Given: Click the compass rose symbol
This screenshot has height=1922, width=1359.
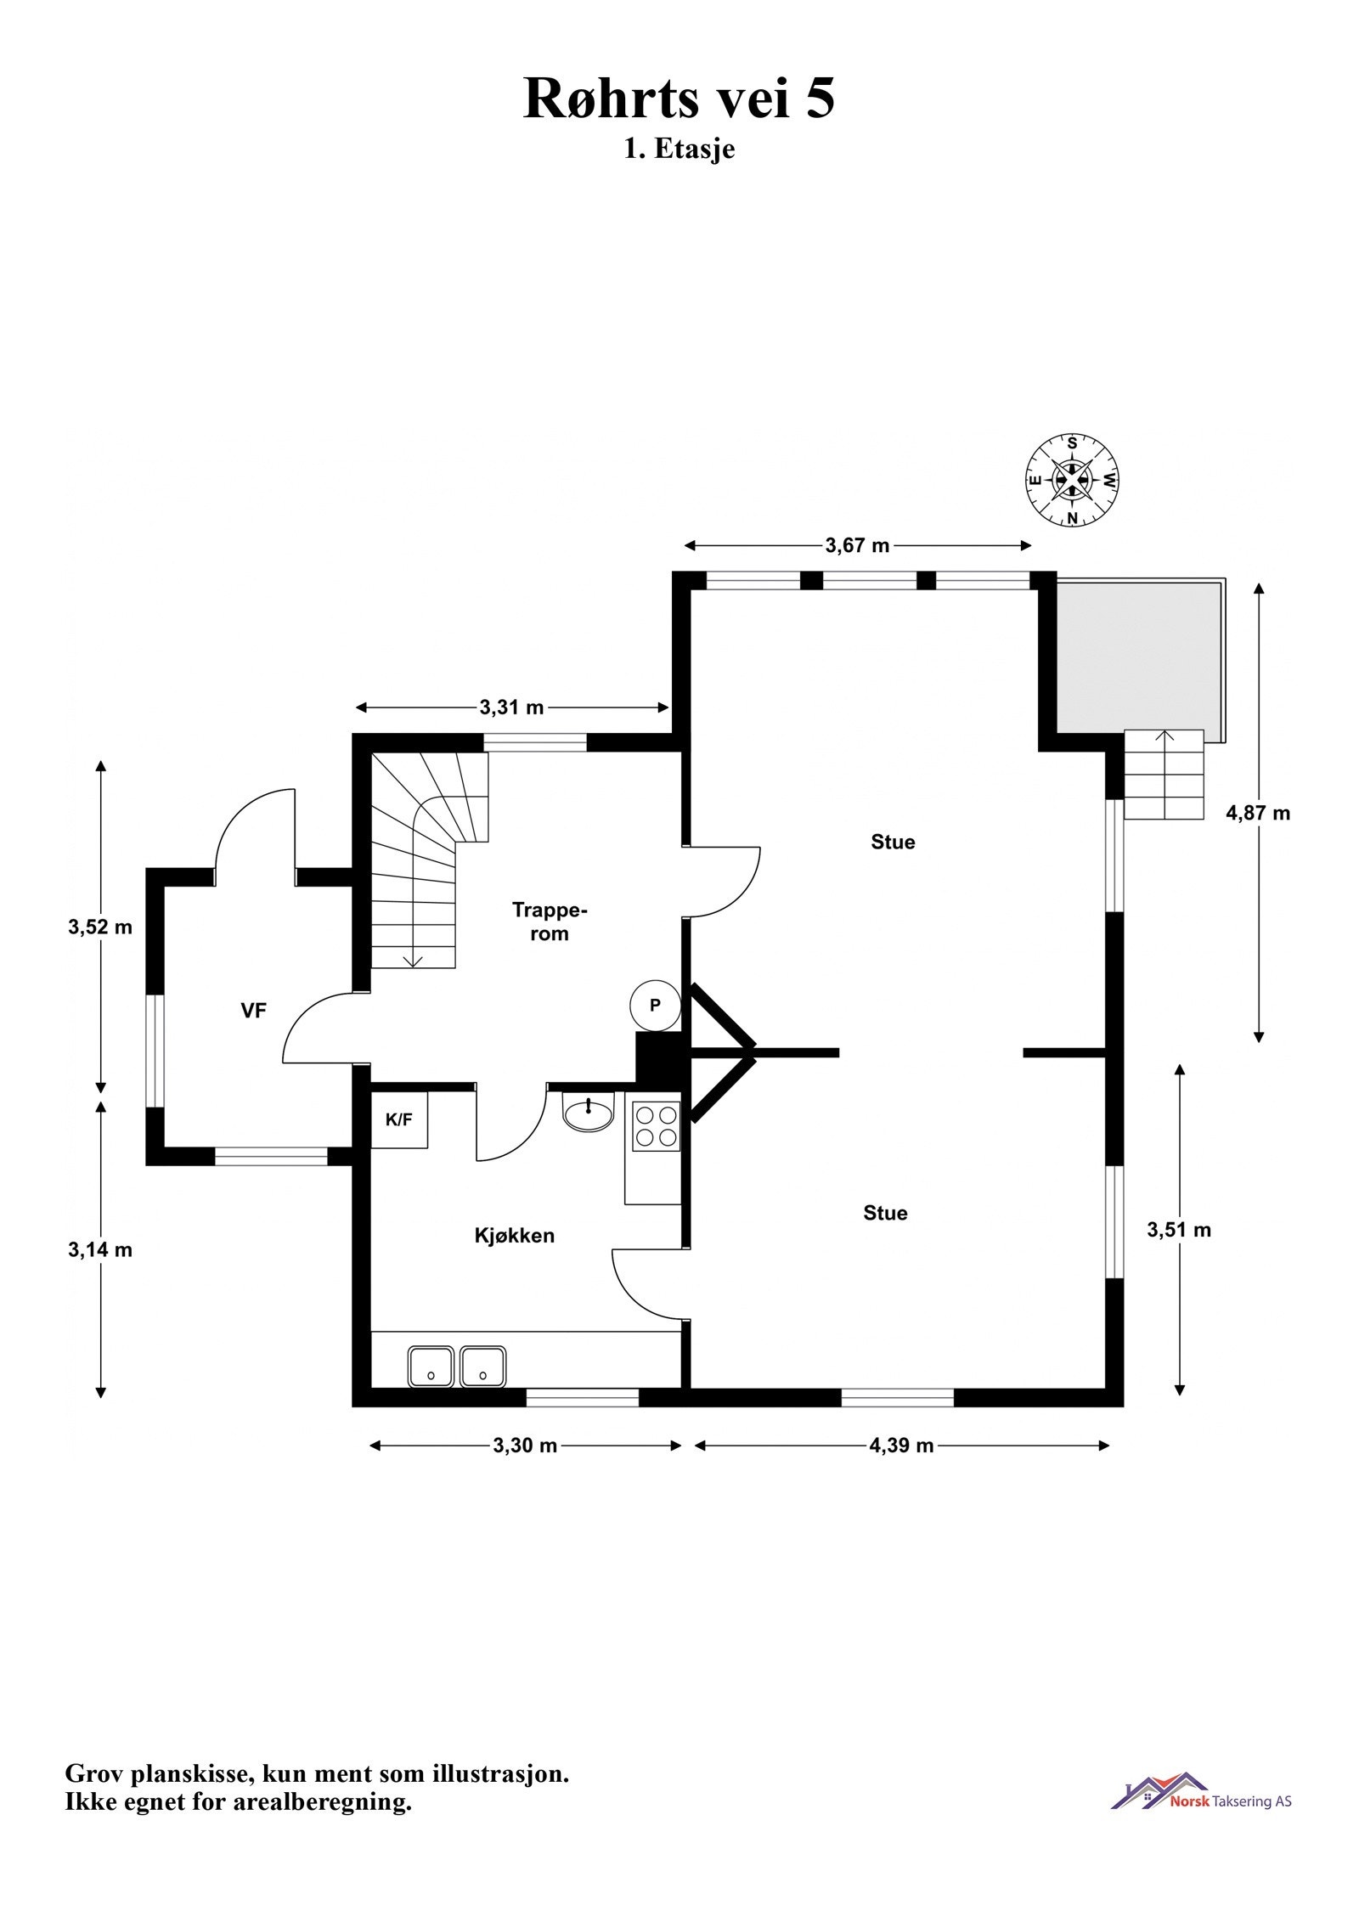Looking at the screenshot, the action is [1073, 480].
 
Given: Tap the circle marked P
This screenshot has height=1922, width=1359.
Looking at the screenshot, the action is [655, 1006].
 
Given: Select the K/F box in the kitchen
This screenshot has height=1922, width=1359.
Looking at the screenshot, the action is [399, 1120].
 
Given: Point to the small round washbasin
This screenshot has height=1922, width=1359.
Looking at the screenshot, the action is [588, 1113].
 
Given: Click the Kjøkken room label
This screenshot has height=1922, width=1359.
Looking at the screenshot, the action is [514, 1236].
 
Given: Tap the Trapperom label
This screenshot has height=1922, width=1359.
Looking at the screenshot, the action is [550, 922].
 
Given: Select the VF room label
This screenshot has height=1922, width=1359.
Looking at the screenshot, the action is [254, 1010].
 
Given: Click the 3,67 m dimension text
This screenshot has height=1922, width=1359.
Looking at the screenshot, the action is [857, 545].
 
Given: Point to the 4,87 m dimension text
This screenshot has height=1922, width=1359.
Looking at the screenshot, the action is [1258, 813].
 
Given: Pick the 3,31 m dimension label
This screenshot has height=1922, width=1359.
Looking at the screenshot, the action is [512, 707].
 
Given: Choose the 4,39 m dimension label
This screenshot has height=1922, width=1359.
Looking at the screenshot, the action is [901, 1446].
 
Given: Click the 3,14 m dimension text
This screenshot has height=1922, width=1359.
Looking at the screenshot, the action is [100, 1249].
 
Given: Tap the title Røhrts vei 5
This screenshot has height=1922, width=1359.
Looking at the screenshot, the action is [679, 98].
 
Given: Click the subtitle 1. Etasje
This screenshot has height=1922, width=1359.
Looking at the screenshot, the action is [679, 149].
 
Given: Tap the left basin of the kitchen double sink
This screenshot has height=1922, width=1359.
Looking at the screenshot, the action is [431, 1367].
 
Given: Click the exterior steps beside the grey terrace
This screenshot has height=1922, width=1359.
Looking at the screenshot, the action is [1164, 774].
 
